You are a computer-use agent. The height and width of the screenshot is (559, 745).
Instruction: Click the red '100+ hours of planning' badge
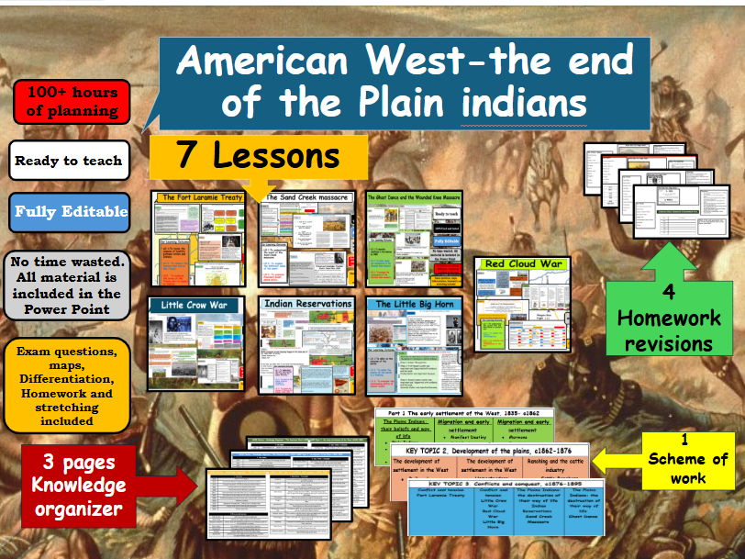(x=72, y=102)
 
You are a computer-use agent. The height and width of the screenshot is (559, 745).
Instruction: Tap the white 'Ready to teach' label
(x=68, y=161)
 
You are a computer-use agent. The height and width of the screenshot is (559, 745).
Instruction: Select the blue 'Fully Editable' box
(x=70, y=212)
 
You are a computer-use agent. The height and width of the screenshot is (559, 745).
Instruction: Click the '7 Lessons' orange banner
(x=258, y=155)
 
